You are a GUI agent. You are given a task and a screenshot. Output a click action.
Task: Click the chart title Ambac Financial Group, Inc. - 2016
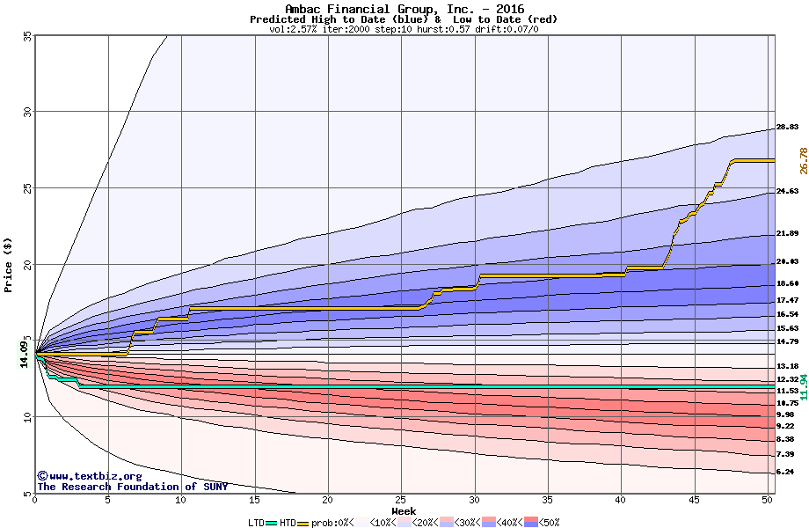tap(404, 9)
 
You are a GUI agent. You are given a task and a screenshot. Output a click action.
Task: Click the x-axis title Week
tap(404, 511)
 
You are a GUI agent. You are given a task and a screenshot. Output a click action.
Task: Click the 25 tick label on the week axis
tap(401, 500)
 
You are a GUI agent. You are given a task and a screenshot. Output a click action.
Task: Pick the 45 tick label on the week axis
tap(695, 500)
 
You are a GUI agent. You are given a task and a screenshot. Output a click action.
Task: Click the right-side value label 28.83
tap(787, 128)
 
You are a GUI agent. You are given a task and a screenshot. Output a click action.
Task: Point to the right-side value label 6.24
tap(785, 473)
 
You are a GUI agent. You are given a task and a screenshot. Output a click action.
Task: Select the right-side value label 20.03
tap(787, 262)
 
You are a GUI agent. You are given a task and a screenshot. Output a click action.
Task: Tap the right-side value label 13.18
tap(787, 366)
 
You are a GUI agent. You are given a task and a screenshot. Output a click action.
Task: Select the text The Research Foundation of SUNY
tap(132, 487)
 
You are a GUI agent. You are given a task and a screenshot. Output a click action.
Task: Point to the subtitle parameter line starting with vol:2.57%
tap(404, 29)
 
